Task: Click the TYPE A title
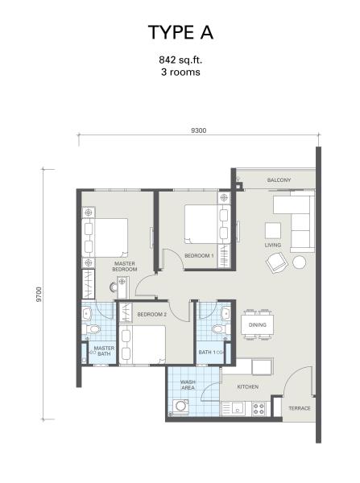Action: tap(180, 32)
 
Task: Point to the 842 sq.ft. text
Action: tap(180, 60)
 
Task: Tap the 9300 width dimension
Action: tap(199, 130)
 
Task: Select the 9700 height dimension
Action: tap(39, 294)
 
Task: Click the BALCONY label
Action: tap(279, 180)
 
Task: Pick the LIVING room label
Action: tap(273, 245)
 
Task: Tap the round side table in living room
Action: tap(299, 262)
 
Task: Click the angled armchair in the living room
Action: tap(277, 262)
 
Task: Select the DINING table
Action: tap(258, 325)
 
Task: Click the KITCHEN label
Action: tap(248, 386)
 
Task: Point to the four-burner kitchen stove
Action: tap(259, 409)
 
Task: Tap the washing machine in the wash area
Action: tap(180, 406)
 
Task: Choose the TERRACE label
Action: tap(300, 408)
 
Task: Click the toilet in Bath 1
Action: tap(220, 329)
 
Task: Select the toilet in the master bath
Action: tap(92, 329)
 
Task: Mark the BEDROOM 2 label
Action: tap(151, 315)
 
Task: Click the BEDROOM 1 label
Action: tap(199, 256)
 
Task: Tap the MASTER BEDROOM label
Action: tap(125, 266)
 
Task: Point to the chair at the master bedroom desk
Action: tap(113, 287)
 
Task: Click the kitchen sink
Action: tap(237, 408)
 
